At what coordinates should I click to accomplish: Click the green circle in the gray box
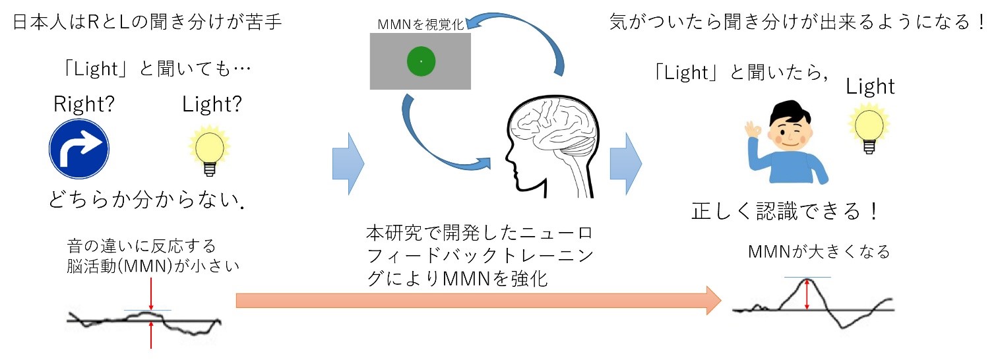[x=420, y=61]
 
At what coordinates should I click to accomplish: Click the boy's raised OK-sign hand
[x=752, y=133]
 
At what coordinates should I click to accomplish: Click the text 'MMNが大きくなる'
[x=819, y=252]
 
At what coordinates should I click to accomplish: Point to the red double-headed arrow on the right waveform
[x=807, y=294]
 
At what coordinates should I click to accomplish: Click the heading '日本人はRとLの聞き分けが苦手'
[x=147, y=24]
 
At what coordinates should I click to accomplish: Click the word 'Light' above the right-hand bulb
[x=870, y=86]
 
